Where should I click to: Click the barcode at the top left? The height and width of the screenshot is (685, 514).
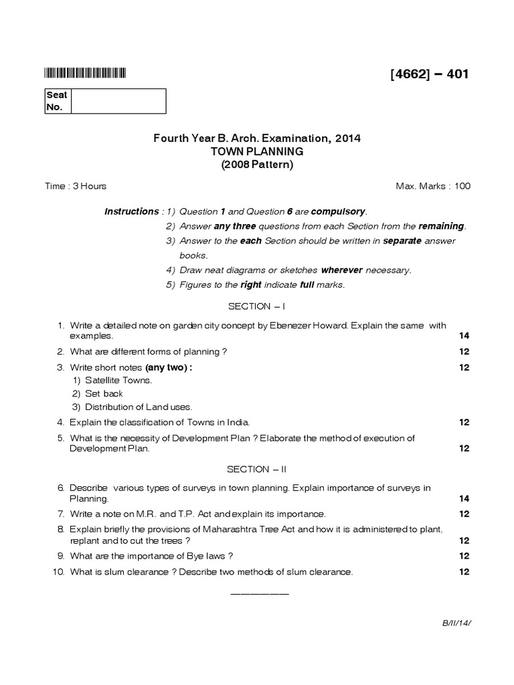85,74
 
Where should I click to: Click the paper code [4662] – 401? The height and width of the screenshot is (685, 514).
430,74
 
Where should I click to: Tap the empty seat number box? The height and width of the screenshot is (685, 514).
118,101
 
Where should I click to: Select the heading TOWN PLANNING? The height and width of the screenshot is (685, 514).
257,152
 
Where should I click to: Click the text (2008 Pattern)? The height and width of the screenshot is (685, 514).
257,165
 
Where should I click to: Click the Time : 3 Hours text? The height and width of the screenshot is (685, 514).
76,186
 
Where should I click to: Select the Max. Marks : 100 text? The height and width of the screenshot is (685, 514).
434,186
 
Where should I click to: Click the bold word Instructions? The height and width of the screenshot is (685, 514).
131,211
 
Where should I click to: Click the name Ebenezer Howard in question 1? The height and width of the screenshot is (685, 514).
301,326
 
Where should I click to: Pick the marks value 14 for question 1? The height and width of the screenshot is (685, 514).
464,336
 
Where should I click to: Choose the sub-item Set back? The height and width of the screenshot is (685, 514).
104,393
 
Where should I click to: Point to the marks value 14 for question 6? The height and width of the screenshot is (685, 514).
464,498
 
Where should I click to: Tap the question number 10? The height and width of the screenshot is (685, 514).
58,572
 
